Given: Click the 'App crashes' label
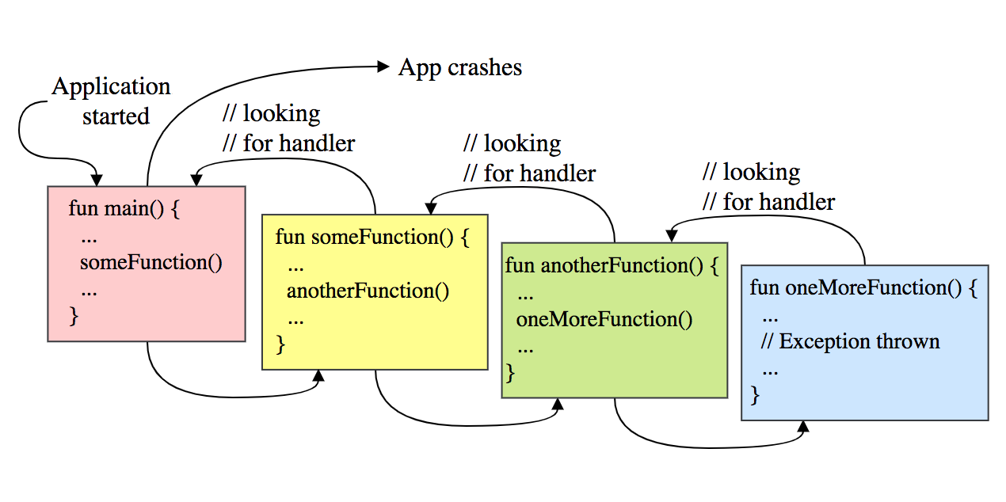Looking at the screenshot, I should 459,67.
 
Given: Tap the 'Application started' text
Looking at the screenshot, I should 112,101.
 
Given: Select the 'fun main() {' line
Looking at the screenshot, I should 125,209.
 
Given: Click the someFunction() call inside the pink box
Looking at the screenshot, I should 151,262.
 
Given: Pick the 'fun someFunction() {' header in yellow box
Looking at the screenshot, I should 372,237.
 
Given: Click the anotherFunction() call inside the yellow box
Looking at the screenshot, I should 368,291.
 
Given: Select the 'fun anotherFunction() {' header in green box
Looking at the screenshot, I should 612,265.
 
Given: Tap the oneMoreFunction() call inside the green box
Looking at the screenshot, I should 604,319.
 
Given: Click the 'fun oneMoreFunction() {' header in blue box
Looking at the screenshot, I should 863,287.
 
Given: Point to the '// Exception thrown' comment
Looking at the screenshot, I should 850,341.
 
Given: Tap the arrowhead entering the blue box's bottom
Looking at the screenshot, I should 803,428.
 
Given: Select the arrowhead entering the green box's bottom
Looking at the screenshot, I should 557,405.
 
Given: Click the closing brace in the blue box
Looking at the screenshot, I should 755,394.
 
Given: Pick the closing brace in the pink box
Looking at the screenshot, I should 74,316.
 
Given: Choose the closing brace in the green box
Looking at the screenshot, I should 510,371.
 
